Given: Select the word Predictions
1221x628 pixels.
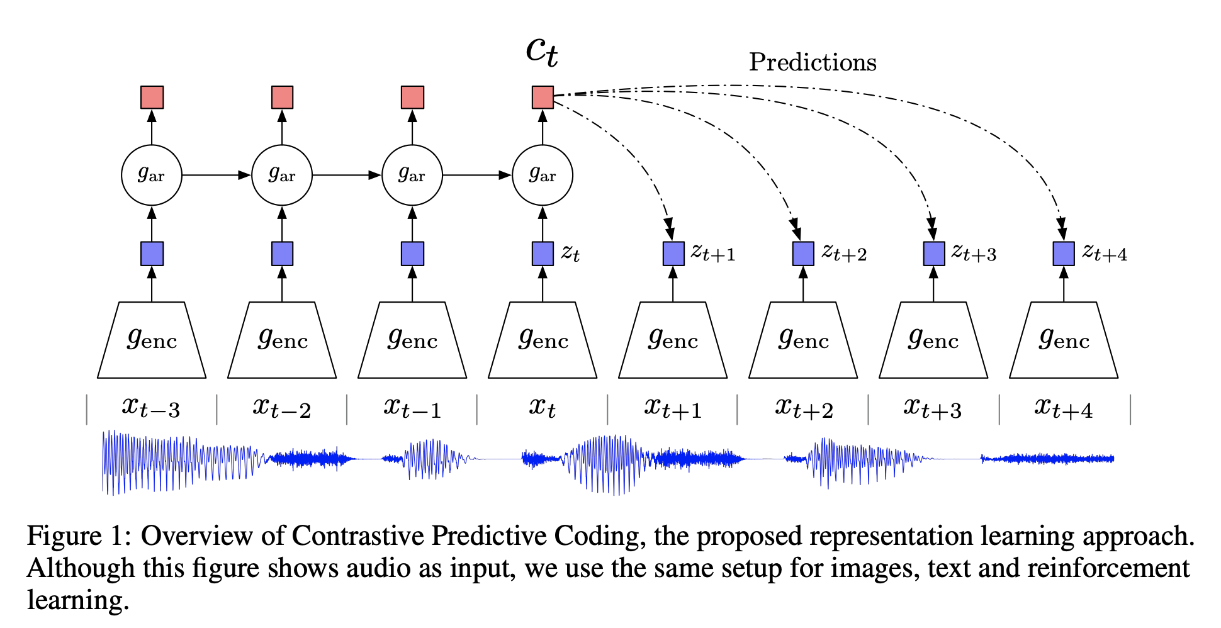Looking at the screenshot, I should pos(812,62).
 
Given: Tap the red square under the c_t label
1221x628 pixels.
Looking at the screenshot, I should pos(543,98).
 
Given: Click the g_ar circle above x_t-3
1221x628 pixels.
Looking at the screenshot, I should pos(152,175).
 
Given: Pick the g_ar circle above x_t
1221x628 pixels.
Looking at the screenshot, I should pos(543,175).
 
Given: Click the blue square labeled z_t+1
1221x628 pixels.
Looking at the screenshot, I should pos(673,254).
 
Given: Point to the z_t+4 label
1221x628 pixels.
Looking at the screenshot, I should pos(1105,253).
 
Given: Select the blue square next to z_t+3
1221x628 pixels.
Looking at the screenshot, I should pos(933,254).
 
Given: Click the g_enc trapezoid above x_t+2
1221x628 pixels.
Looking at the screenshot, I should pos(803,340).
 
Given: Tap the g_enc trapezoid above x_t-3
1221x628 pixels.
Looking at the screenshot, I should pos(152,340).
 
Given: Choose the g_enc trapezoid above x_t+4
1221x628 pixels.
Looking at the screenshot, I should pos(1064,340).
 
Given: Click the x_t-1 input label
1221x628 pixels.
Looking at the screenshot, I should pos(412,408).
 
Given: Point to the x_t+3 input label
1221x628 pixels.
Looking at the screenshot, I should pos(933,408).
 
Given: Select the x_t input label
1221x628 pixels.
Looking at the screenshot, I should pos(542,408).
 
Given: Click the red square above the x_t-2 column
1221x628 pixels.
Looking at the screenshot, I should pos(282,98).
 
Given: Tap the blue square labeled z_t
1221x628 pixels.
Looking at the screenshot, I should pos(543,254).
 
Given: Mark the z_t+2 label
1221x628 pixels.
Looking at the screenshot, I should pos(844,253).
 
